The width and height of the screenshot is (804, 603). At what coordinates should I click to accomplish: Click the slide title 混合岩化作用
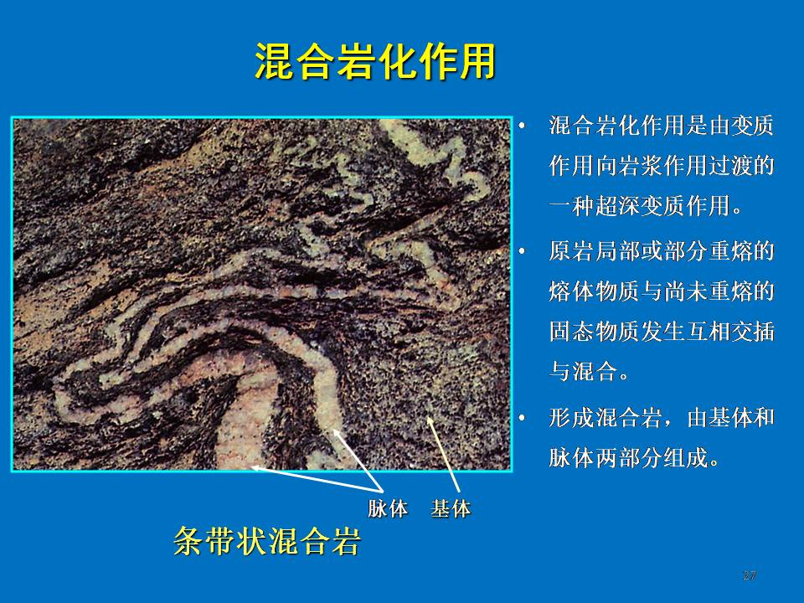375,61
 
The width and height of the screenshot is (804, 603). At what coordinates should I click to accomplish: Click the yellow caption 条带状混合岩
267,540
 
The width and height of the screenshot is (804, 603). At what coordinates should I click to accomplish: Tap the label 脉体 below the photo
388,508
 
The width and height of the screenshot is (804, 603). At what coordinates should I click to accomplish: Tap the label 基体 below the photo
451,508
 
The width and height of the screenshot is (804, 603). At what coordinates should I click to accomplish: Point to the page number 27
749,575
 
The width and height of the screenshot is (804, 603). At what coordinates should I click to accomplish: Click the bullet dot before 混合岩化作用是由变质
522,125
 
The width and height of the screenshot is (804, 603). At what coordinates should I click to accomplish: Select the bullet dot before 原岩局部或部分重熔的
522,251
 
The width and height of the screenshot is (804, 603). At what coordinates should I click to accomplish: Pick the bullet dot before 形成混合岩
522,417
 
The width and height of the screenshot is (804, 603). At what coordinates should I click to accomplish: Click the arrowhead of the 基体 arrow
429,420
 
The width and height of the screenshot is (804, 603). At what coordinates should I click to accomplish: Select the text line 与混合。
589,371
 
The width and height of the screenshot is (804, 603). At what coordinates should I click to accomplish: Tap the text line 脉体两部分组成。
634,457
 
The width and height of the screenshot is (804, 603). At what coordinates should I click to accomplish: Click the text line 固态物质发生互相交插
662,332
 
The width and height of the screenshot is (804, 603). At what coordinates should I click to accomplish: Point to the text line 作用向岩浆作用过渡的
662,166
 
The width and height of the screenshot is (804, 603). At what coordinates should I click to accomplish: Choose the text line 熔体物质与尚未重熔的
662,291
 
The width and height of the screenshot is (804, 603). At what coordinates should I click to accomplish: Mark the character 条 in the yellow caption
189,540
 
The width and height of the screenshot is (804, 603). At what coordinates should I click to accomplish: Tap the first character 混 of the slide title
275,61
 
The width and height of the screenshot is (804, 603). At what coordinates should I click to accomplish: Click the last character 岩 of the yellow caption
346,540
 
